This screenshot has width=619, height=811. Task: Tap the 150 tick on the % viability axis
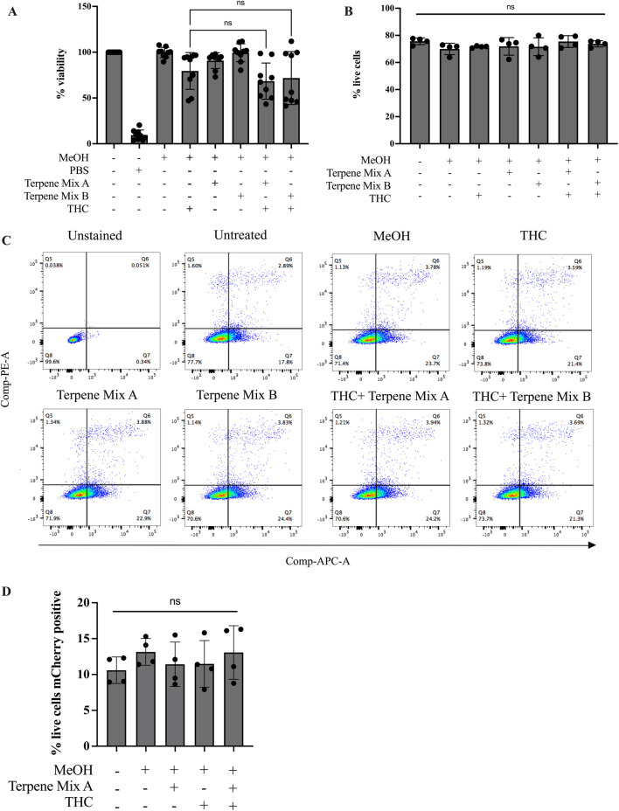85,8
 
